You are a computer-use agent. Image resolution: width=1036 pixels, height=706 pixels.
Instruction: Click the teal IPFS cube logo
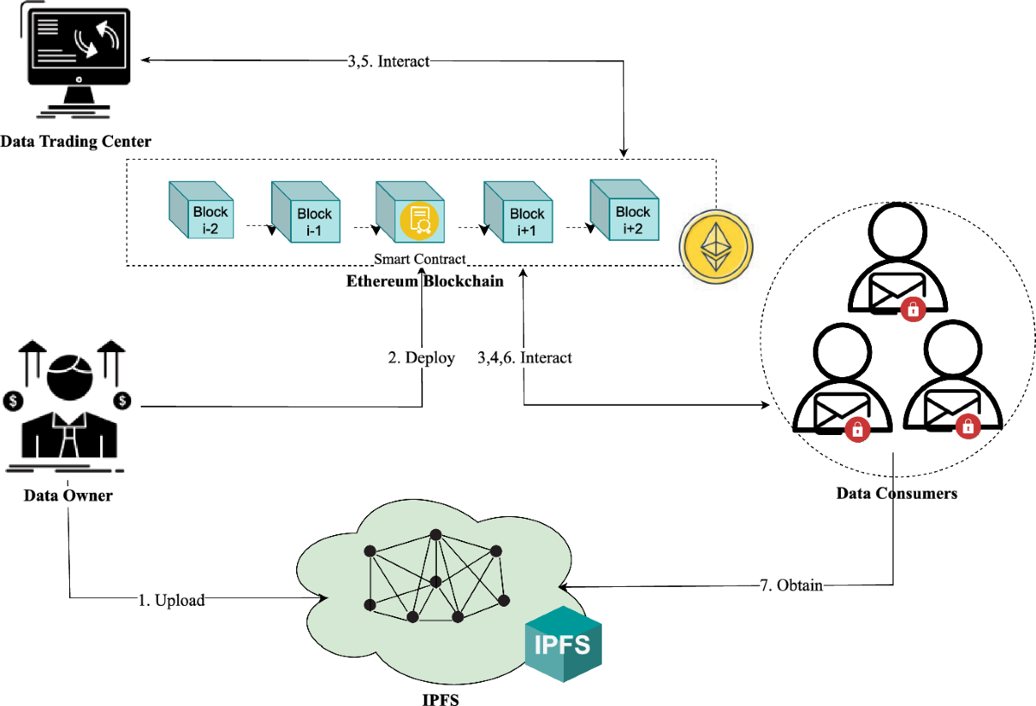(x=563, y=644)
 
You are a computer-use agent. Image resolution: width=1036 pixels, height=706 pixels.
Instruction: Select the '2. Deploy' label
(x=420, y=357)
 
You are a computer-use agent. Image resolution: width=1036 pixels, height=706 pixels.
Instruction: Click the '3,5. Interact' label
(x=387, y=61)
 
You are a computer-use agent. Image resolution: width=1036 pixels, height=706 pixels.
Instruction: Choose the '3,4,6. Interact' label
(x=524, y=357)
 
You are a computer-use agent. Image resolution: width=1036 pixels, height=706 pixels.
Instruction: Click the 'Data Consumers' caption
(x=896, y=495)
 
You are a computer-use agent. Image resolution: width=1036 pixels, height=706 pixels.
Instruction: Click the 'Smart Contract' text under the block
(x=420, y=259)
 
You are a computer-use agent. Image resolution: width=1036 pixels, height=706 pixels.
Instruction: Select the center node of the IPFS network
(x=435, y=580)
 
